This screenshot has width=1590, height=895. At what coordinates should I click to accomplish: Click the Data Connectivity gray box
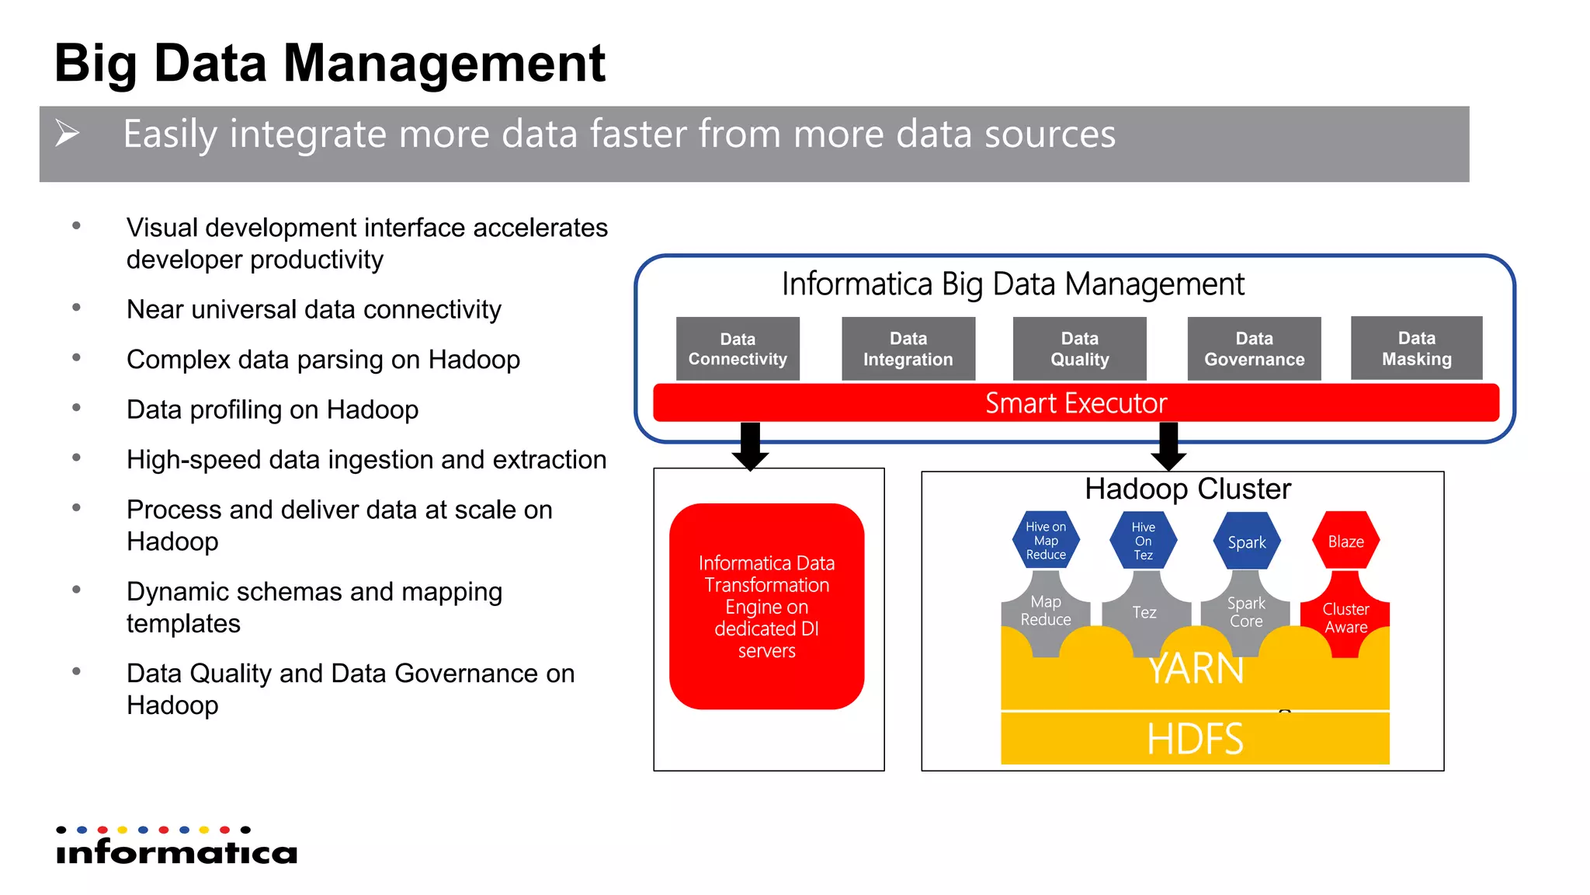coord(738,349)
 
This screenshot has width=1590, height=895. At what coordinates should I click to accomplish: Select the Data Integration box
coord(908,349)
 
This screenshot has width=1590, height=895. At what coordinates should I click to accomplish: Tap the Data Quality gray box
coord(1079,349)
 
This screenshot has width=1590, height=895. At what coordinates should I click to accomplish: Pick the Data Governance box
coord(1254,349)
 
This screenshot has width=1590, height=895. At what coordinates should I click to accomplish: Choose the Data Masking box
coord(1416,348)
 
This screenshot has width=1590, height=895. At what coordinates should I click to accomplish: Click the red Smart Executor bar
coord(1076,403)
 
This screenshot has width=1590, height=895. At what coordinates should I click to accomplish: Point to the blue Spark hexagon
coord(1246,542)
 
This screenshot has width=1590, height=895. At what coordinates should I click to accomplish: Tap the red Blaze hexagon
coord(1345,541)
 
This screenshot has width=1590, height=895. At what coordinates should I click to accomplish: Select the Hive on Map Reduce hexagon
coord(1046,540)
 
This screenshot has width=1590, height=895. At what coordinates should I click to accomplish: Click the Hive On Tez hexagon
coord(1143,541)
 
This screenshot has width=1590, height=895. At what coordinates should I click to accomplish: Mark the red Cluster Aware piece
coord(1345,618)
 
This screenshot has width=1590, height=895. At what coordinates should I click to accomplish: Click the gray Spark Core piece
coord(1245,612)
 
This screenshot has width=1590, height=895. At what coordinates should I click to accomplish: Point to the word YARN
coord(1196,670)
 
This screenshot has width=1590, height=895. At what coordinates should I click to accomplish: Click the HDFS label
coord(1195,739)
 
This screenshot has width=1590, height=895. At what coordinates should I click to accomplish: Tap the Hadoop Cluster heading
coord(1187,489)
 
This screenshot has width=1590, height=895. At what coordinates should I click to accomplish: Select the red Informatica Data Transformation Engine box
coord(766,606)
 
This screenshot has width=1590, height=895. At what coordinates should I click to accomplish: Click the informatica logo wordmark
coord(177,851)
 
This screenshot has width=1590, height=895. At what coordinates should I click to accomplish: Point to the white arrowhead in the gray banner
coord(68,133)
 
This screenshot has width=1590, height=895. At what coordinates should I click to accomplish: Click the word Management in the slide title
coord(443,64)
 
